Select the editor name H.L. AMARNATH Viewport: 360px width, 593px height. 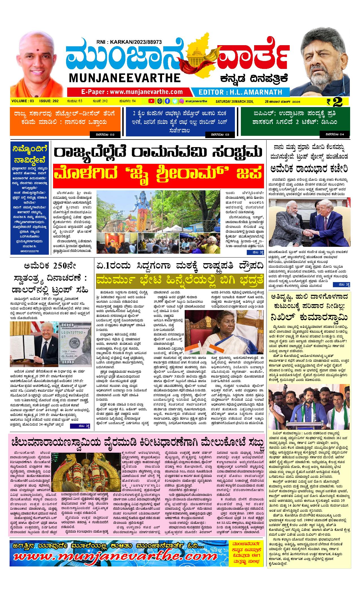(240, 92)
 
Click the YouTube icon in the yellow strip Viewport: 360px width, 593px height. (152, 101)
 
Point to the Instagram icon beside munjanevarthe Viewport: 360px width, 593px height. (182, 101)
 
